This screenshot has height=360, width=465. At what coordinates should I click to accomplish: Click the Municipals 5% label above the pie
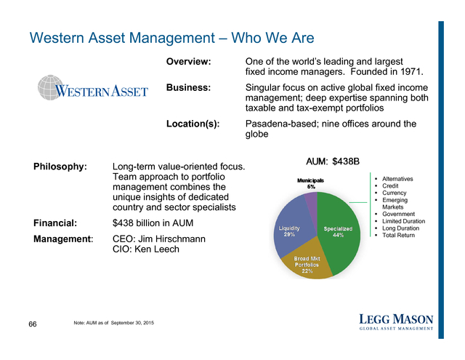pos(310,183)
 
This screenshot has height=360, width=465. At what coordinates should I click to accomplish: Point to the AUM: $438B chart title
pos(333,161)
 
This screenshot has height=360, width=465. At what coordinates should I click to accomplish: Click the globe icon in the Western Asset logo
pos(50,87)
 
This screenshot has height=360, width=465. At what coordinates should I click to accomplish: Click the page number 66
pos(33,324)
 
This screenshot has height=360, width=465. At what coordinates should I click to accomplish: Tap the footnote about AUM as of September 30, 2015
pos(114,323)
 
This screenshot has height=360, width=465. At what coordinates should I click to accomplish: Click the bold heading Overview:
pos(189,61)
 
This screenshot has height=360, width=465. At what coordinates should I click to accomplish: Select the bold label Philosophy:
pos(60,167)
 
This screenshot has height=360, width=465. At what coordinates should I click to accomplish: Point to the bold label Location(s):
pos(193,124)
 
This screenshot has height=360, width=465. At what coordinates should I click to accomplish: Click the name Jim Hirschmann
pos(171,239)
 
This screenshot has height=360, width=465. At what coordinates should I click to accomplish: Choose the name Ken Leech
pos(157,249)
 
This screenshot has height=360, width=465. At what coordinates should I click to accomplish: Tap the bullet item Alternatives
pos(397,179)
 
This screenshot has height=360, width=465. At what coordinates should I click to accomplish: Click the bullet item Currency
pos(394,193)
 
